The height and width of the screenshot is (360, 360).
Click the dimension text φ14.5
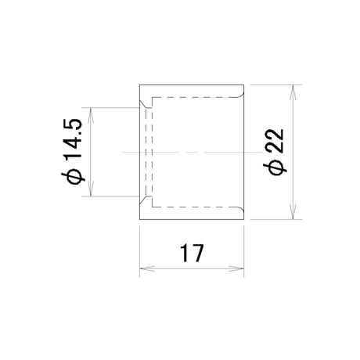point(73,152)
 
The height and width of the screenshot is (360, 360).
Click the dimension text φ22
point(276,152)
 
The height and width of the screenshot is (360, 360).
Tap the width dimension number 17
point(192,253)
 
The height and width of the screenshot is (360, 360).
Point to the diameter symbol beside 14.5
point(73,177)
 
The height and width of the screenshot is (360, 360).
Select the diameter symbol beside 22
point(276,167)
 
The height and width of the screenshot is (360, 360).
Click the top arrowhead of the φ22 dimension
point(293,92)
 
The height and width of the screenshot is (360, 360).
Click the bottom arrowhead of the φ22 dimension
point(293,212)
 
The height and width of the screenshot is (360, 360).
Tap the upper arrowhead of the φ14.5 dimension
point(91,115)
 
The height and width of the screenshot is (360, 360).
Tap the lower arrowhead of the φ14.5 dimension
point(91,189)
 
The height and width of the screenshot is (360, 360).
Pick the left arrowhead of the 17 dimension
point(147,268)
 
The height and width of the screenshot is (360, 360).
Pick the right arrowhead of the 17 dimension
point(236,268)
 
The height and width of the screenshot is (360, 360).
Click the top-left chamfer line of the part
point(143,103)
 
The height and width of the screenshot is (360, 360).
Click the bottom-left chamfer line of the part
point(143,200)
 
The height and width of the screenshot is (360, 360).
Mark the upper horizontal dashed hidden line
point(195,98)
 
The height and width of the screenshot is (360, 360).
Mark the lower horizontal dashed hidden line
point(195,207)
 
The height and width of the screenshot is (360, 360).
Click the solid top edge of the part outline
point(192,85)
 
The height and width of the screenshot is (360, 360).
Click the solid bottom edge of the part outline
point(192,219)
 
